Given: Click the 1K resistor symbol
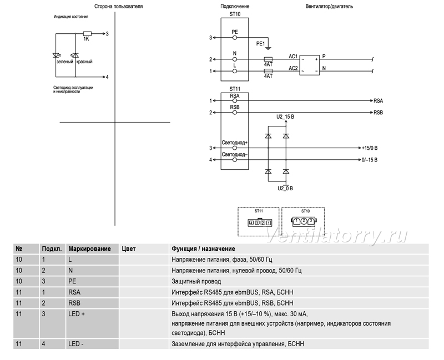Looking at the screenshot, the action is coord(87,34).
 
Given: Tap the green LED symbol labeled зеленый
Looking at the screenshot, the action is coord(56,55).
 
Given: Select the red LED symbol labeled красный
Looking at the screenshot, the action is coord(75,55).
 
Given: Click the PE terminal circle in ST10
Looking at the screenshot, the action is coord(234,38).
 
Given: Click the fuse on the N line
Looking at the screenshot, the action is coord(268,59).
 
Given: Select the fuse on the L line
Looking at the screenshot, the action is coord(268,71).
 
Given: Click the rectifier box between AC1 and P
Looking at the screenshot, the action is coord(310,65).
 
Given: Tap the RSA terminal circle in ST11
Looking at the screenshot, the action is coord(234,101).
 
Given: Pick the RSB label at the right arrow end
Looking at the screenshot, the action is coord(378,113).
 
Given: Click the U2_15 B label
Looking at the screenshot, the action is coord(285,116).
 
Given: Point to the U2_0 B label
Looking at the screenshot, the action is coord(285,189).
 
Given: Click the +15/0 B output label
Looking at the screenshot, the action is coord(370,148).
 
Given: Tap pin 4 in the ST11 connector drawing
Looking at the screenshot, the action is coord(251,223).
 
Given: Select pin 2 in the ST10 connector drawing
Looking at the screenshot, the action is coord(304,221).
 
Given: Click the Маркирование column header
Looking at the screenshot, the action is coord(89,249).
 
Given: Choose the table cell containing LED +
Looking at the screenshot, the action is coord(92,323).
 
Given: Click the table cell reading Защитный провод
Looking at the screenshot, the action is coord(299,281).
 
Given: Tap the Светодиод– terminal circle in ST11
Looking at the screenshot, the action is coord(234,160).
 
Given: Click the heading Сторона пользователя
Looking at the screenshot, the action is coord(118,6).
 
